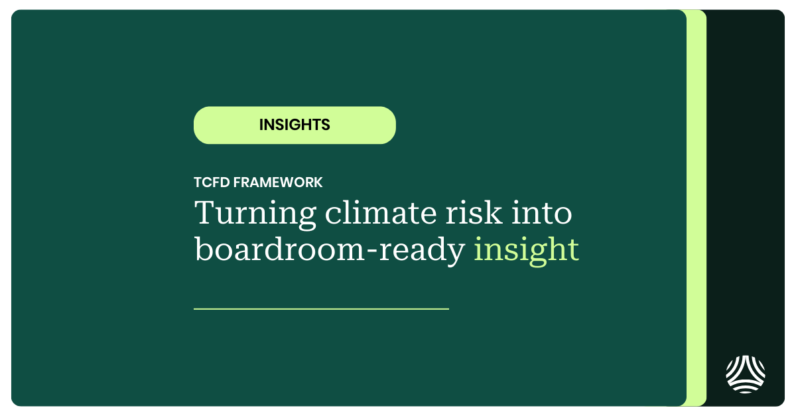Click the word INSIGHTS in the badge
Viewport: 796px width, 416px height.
[x=295, y=125]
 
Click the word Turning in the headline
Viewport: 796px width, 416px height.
[x=246, y=214]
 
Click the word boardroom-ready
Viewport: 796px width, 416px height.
[x=329, y=250]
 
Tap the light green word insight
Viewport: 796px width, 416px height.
[x=526, y=250]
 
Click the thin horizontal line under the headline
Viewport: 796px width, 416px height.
[x=321, y=309]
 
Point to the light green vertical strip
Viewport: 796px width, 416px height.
[x=696, y=208]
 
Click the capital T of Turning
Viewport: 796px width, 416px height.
[x=204, y=214]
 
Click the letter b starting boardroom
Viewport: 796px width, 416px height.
[x=203, y=249]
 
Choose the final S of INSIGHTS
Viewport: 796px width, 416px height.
[x=325, y=125]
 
